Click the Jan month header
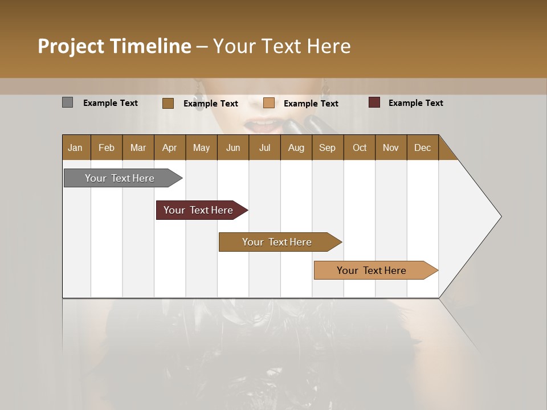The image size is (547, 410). pos(76,147)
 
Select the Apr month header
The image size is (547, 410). pos(170,147)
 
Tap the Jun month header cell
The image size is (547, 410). pos(233,147)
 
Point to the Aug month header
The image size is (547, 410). pos(296,147)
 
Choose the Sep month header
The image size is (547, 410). pos(328,147)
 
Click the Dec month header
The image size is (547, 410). pos(423,147)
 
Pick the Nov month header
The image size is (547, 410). pos(391,147)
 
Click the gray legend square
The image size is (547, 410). pos(67,102)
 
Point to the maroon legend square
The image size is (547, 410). pos(374,102)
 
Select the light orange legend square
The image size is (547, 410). pos(269,103)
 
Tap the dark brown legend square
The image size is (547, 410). pos(168,103)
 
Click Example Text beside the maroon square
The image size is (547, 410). pos(415,102)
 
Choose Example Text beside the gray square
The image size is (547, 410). pos(111,102)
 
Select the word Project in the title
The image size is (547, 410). pos(71,46)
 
